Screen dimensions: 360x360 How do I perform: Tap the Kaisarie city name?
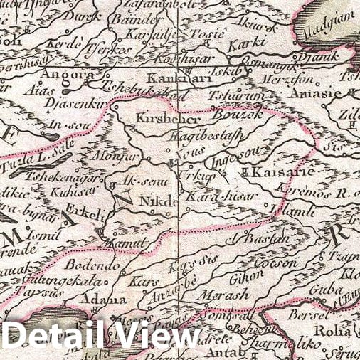278,172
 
